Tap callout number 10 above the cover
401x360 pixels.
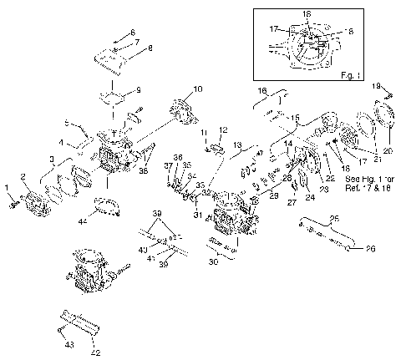tap(197, 89)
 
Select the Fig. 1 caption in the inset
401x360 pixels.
tap(373, 74)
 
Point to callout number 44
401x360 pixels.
tap(82, 223)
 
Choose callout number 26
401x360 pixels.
tap(359, 246)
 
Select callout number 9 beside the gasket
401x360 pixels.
tap(139, 89)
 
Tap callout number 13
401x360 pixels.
tap(237, 144)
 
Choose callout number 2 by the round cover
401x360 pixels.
tap(23, 176)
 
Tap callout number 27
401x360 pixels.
tap(291, 201)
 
